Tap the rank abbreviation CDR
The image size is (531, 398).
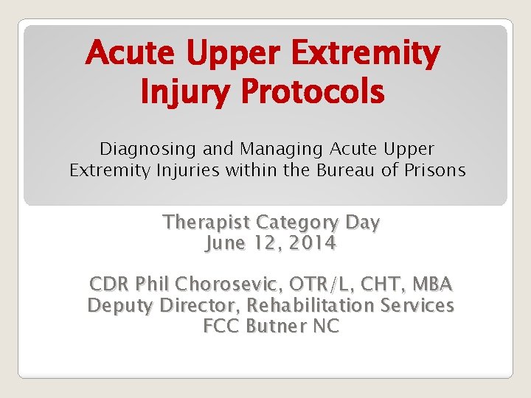point(111,284)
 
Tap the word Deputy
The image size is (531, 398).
point(119,305)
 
